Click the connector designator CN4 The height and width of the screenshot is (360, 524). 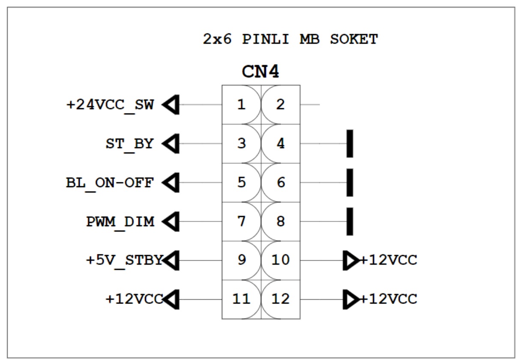(x=261, y=72)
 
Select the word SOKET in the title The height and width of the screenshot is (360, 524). (x=354, y=39)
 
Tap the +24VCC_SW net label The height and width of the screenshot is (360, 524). (x=110, y=105)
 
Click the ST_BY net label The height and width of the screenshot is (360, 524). (x=129, y=144)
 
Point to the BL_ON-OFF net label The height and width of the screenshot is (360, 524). (x=110, y=183)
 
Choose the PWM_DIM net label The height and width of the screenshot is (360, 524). (x=120, y=222)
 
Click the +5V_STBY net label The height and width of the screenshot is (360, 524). (x=124, y=260)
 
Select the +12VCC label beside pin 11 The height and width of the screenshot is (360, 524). (x=134, y=299)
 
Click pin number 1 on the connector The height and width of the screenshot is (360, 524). (x=242, y=105)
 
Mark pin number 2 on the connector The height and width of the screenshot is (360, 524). (x=281, y=105)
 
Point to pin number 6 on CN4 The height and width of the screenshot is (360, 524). (x=281, y=183)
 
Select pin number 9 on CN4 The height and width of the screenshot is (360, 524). (x=242, y=260)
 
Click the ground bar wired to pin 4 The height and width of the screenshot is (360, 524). (x=350, y=143)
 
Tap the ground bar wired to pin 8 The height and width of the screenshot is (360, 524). (x=350, y=221)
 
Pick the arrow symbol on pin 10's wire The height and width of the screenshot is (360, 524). (x=351, y=260)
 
